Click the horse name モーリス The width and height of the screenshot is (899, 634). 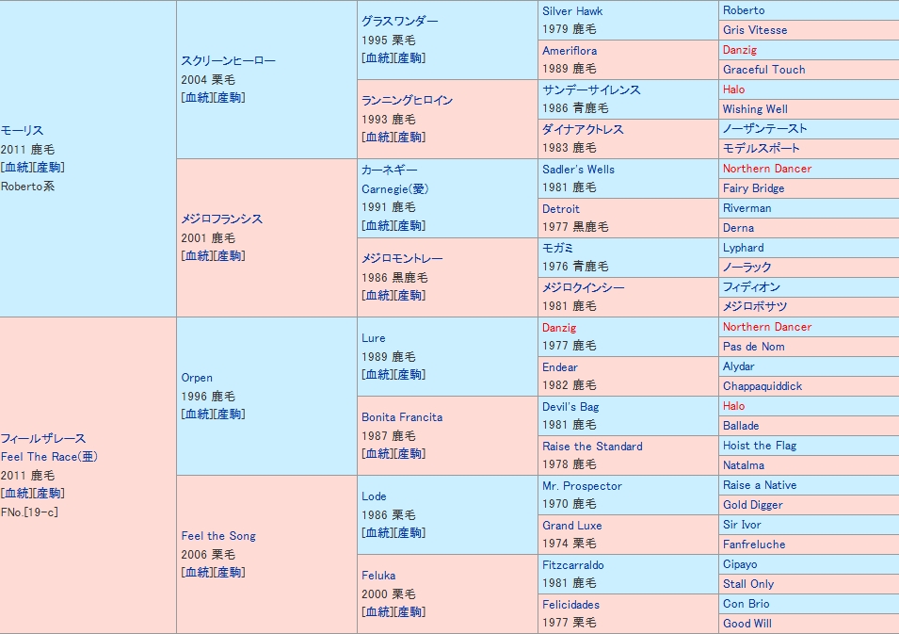pyautogui.click(x=23, y=131)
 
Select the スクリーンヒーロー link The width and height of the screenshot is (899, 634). pyautogui.click(x=229, y=61)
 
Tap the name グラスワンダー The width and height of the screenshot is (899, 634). pyautogui.click(x=399, y=22)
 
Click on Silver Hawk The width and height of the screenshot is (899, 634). pyautogui.click(x=571, y=11)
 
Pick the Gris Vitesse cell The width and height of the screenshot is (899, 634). pyautogui.click(x=755, y=30)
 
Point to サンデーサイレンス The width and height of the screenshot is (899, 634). pyautogui.click(x=591, y=90)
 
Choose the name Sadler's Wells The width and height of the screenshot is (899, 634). pyautogui.click(x=578, y=170)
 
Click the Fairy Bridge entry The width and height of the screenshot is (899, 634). pyautogui.click(x=753, y=188)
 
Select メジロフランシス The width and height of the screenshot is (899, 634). pyautogui.click(x=222, y=219)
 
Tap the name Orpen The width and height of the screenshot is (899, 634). pyautogui.click(x=197, y=378)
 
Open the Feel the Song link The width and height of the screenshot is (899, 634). pyautogui.click(x=218, y=536)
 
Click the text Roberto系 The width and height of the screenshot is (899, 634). pyautogui.click(x=28, y=186)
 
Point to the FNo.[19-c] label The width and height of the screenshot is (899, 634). pyautogui.click(x=31, y=512)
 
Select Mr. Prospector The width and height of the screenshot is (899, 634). pyautogui.click(x=582, y=486)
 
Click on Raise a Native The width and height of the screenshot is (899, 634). pyautogui.click(x=760, y=485)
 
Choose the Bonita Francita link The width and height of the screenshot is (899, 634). pyautogui.click(x=402, y=417)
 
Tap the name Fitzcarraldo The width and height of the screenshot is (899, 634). pyautogui.click(x=573, y=565)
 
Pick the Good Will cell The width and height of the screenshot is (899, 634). pyautogui.click(x=747, y=624)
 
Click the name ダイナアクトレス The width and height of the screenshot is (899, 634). pyautogui.click(x=583, y=130)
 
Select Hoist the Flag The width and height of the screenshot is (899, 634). pyautogui.click(x=760, y=446)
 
